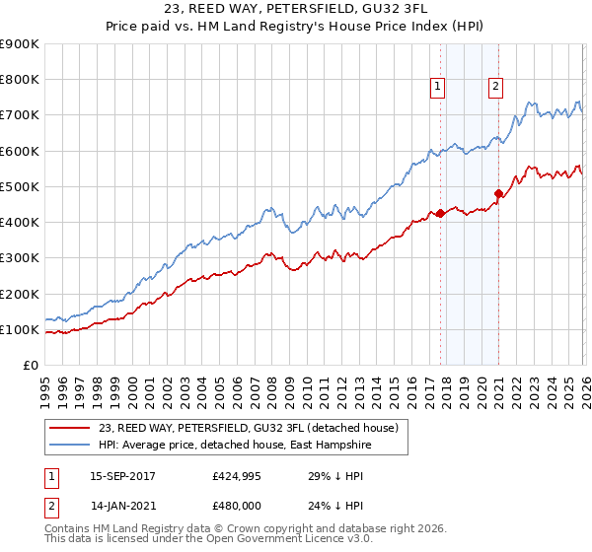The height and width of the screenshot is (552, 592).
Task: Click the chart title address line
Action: (x=296, y=9)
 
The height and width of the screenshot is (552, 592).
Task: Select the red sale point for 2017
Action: (x=440, y=213)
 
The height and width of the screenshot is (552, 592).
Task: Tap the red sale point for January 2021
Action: (x=498, y=193)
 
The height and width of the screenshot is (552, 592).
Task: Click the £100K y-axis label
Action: (x=20, y=329)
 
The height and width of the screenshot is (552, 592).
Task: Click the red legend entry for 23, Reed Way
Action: (x=248, y=429)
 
